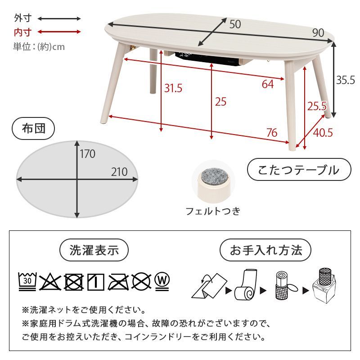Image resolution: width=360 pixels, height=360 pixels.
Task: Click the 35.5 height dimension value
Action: pos(346,80)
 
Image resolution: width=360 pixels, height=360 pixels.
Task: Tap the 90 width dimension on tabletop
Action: pos(318,33)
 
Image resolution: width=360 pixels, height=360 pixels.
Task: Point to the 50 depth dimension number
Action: pos(235,24)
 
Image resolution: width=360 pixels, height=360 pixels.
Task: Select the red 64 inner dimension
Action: pos(268,84)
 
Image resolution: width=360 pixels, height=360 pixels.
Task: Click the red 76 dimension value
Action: pos(271,133)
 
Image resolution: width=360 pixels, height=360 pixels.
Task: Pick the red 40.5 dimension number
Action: pos(323,133)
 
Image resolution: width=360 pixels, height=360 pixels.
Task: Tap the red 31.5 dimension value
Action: pos(173,88)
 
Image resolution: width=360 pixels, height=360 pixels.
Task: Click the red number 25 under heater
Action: pos(220,102)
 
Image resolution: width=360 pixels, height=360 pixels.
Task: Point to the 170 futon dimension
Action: pos(88,154)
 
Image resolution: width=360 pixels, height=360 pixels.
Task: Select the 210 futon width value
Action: pos(120,172)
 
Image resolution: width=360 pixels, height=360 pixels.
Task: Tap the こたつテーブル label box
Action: pos(298,170)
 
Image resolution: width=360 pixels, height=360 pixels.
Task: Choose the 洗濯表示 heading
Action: pos(94,250)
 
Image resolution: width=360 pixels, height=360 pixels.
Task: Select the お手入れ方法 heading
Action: pos(266,250)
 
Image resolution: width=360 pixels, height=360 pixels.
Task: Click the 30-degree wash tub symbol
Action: pos(27,281)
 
